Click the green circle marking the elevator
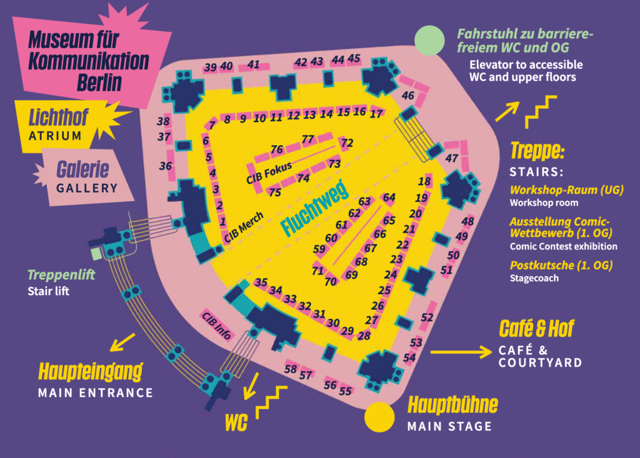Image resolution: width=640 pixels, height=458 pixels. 429,41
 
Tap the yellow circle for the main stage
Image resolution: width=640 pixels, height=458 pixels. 379,417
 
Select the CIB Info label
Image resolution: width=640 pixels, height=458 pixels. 217,325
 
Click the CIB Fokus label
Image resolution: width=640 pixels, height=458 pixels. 269,173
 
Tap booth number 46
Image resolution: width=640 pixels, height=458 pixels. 407,96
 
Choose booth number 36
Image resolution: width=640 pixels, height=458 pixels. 165,166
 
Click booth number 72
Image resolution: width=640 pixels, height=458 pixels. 347,143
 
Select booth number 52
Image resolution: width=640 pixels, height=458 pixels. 427,317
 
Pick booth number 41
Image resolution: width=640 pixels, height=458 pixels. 254,64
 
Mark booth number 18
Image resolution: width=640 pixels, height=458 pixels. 424,181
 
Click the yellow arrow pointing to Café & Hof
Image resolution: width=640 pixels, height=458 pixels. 461,352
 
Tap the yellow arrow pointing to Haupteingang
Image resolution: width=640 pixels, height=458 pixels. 122,342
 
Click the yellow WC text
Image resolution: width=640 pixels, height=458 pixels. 236,422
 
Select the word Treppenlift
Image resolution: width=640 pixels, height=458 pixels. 61,275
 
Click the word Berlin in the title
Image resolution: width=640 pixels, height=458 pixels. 99,83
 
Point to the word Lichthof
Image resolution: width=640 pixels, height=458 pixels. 58,118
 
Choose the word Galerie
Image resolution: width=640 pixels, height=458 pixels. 82,169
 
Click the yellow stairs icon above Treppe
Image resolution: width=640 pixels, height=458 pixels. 541,112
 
